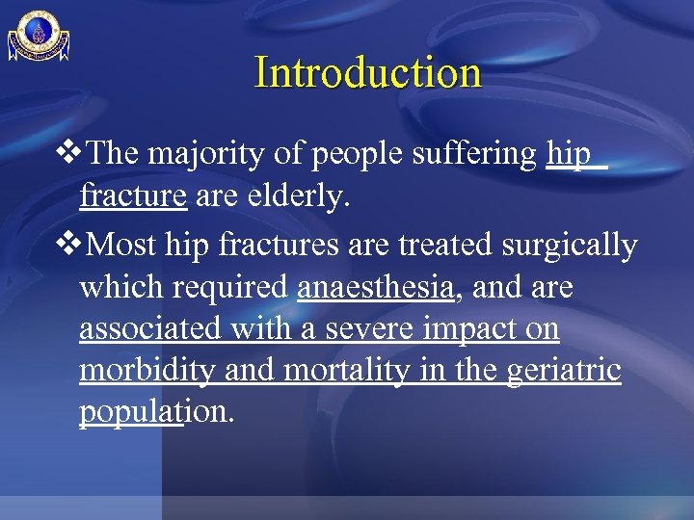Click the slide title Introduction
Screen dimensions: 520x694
coord(367,72)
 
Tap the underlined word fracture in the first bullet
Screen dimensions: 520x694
coord(133,196)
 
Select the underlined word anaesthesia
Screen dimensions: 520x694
coord(376,287)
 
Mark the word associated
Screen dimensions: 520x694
coord(151,328)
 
